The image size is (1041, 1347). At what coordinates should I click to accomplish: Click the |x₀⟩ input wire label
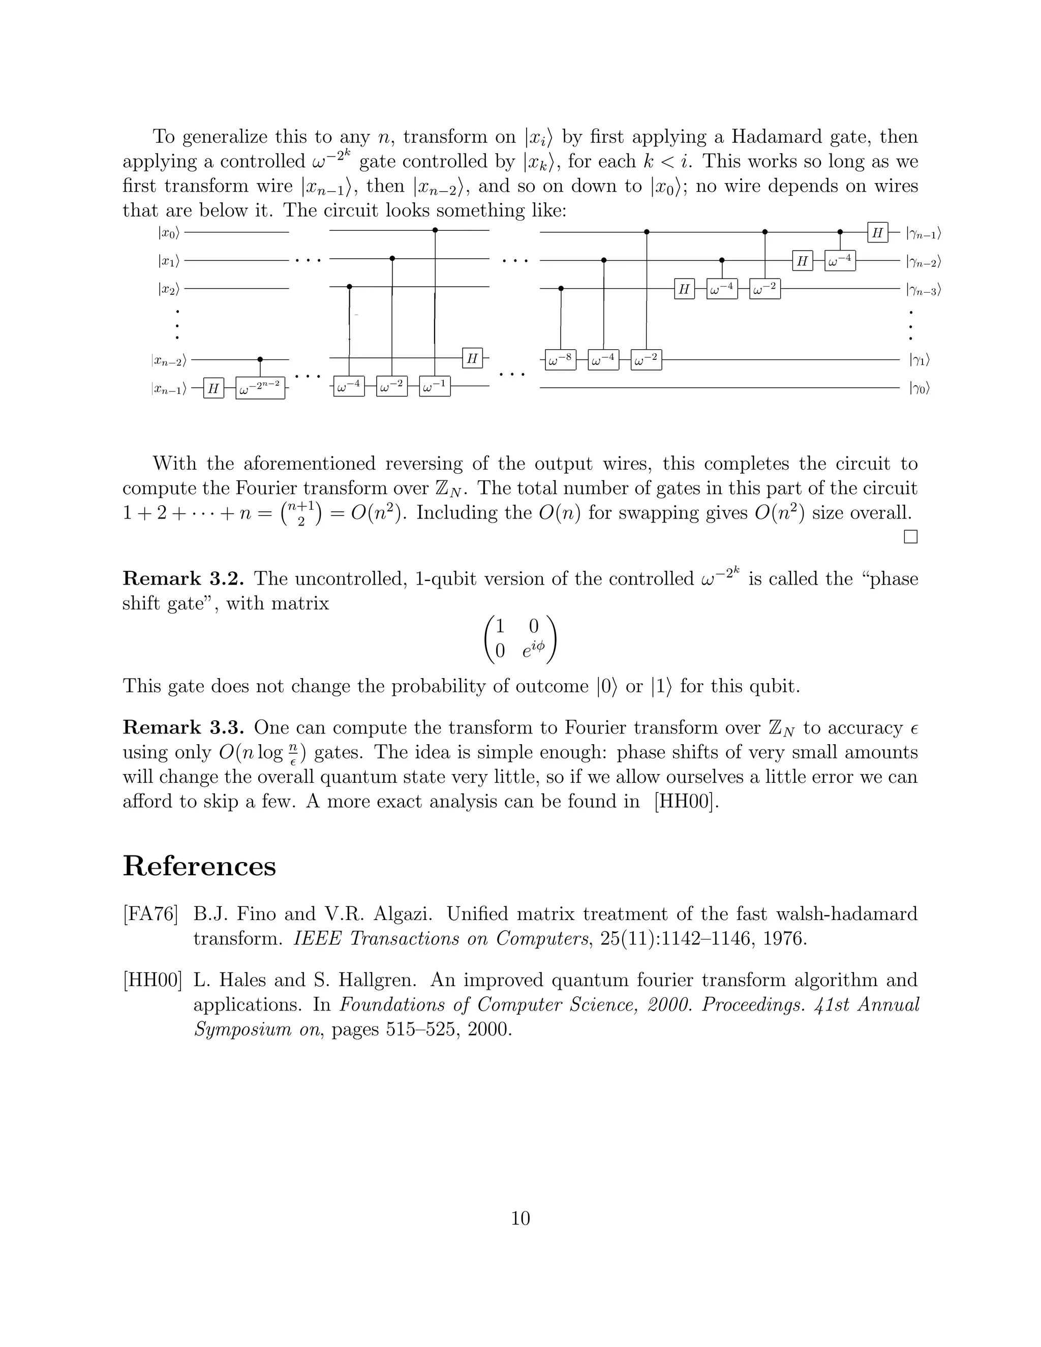point(168,232)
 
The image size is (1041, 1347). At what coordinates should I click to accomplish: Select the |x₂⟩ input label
point(168,289)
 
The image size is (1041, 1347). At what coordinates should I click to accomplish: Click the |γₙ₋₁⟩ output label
point(923,233)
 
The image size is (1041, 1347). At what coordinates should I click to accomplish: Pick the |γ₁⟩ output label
point(919,359)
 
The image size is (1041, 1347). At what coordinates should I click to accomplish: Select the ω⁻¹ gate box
point(435,387)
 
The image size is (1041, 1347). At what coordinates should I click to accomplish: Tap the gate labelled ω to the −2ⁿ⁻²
point(260,388)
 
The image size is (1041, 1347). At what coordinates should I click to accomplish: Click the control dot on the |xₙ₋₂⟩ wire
point(260,359)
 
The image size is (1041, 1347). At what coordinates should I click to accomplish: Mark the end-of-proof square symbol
point(910,537)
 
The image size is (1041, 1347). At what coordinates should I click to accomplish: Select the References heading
point(199,866)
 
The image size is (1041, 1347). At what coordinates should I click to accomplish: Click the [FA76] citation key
point(150,914)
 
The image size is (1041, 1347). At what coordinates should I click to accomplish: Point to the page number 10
point(520,1218)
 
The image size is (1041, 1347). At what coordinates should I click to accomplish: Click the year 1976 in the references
point(784,939)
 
